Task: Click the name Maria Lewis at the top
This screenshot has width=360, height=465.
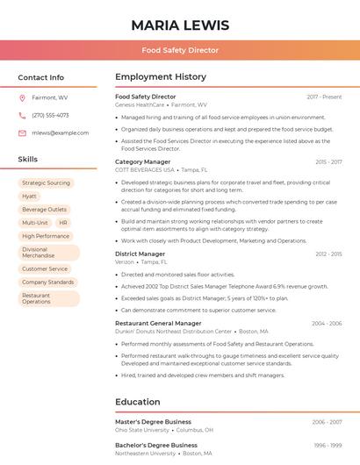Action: pyautogui.click(x=180, y=25)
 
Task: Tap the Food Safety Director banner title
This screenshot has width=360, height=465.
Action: pyautogui.click(x=180, y=51)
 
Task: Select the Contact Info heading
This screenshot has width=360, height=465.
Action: pyautogui.click(x=41, y=77)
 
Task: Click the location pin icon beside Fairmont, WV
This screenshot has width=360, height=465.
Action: pyautogui.click(x=22, y=98)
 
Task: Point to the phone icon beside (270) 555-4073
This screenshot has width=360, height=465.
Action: pyautogui.click(x=22, y=116)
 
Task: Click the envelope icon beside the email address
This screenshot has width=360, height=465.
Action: pyautogui.click(x=22, y=133)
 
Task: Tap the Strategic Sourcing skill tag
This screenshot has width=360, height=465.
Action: pyautogui.click(x=46, y=183)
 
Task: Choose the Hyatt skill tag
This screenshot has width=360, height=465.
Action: pyautogui.click(x=30, y=197)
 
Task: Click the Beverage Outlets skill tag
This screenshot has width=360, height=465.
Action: pyautogui.click(x=44, y=210)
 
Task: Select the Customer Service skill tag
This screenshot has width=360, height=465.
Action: pyautogui.click(x=45, y=269)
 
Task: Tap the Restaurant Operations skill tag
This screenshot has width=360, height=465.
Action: pyautogui.click(x=37, y=298)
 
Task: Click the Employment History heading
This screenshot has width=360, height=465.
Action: pyautogui.click(x=161, y=77)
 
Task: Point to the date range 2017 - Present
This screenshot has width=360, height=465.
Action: pyautogui.click(x=324, y=97)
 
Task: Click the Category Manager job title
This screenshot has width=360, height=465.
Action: pyautogui.click(x=143, y=161)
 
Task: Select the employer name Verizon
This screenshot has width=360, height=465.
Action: pyautogui.click(x=125, y=261)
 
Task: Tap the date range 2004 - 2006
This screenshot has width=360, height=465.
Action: pyautogui.click(x=327, y=323)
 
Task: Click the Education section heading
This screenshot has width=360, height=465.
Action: pyautogui.click(x=137, y=402)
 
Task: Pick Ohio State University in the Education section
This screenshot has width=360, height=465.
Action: pyautogui.click(x=142, y=430)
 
